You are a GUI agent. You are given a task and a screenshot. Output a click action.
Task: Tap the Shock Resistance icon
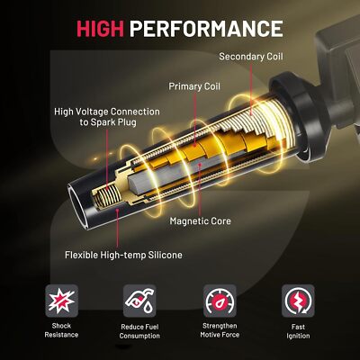tap(62, 300)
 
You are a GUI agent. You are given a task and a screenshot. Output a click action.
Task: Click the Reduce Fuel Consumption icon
tap(140, 300)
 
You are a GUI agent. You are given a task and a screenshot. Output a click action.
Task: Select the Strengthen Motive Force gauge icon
tap(220, 300)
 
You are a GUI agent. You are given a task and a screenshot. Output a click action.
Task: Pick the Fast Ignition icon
tap(298, 300)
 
